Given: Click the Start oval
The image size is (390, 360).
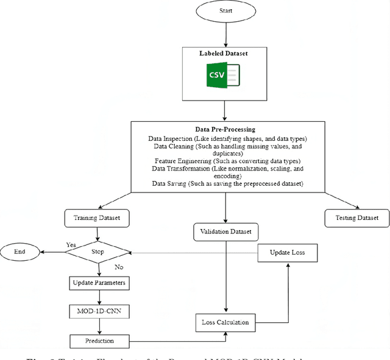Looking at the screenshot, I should tap(225, 10).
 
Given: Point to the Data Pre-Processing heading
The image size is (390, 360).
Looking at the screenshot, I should tap(225, 130).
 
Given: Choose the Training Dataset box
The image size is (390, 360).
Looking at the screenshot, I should tap(97, 217).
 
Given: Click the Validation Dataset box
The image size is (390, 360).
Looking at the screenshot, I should tap(225, 232).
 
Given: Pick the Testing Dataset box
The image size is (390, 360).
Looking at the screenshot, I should tap(356, 217).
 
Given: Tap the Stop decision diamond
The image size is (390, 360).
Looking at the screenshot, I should tap(97, 251).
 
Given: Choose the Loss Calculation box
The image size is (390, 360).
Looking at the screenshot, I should tap(225, 322).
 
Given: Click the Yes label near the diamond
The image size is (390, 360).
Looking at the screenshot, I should tap(71, 244).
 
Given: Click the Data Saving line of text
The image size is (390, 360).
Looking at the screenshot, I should tap(225, 183).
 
